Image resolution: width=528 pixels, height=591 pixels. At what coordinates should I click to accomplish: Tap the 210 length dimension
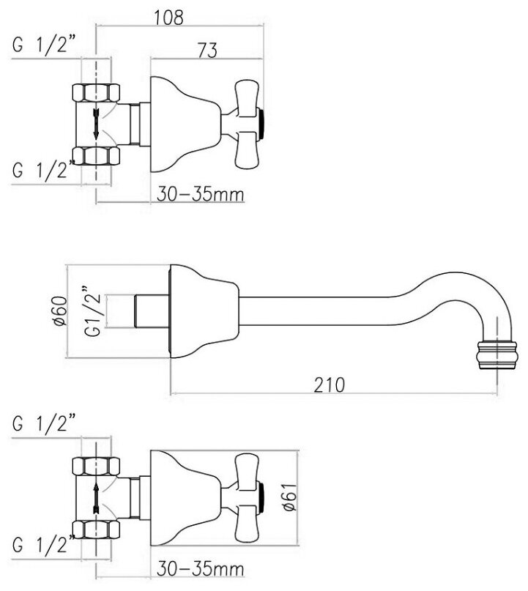pyautogui.click(x=331, y=384)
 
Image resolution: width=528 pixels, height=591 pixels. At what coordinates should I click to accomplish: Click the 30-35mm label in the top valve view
pyautogui.click(x=200, y=194)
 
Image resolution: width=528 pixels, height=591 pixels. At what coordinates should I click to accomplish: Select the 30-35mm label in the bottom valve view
pyautogui.click(x=199, y=568)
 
